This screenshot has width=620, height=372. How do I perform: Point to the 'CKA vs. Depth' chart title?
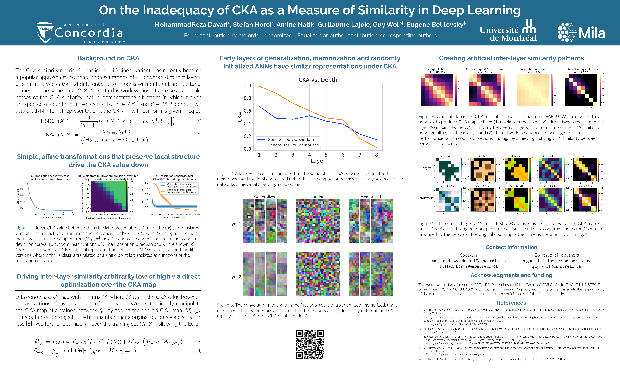(318, 80)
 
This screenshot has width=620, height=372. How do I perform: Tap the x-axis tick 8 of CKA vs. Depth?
(376, 155)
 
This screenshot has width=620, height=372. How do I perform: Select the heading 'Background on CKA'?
(108, 58)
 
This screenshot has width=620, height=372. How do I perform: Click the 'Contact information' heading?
(511, 247)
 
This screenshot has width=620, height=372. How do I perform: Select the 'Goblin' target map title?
(482, 156)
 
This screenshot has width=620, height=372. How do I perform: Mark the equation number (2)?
(199, 135)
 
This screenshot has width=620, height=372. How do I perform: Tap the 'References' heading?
(511, 303)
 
